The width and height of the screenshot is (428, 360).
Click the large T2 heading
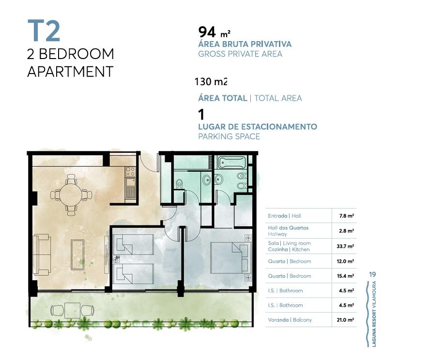point(44,31)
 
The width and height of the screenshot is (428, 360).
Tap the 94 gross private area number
point(207,32)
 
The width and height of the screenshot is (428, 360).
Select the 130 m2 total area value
point(211,82)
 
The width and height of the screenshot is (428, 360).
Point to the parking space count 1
point(201,115)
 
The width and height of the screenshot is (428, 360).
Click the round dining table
point(71,195)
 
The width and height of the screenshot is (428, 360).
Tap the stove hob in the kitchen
point(130,172)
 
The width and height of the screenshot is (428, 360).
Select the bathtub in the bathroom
point(232,162)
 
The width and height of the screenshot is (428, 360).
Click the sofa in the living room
point(42,255)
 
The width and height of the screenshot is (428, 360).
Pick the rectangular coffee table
point(77,255)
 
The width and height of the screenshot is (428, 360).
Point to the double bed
point(231,258)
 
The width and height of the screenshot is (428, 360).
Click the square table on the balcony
point(72,310)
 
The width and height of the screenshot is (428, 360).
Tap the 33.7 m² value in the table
point(345,246)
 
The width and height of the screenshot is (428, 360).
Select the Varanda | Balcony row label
point(290,320)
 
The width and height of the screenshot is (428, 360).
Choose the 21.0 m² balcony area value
point(345,320)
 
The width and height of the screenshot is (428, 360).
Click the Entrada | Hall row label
point(284,216)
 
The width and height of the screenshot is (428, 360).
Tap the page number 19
point(372,274)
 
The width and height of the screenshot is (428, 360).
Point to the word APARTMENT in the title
point(70,72)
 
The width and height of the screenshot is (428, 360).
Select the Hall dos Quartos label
point(288,228)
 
